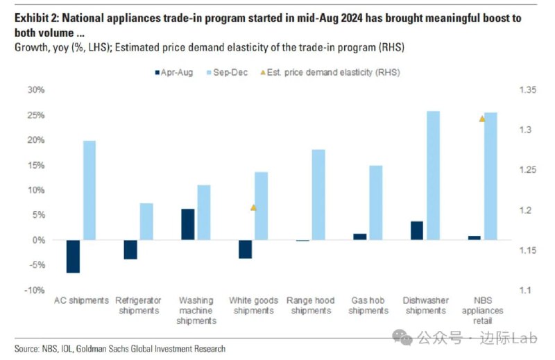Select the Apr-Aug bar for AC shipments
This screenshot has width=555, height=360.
click(x=73, y=257)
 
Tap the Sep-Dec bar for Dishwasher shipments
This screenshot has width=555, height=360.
click(x=433, y=175)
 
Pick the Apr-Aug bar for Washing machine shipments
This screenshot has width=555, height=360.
click(x=188, y=224)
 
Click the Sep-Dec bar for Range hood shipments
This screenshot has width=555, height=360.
click(x=318, y=195)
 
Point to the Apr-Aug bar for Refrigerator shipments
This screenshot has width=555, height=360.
click(x=130, y=250)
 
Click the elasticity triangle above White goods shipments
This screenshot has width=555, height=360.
click(x=253, y=207)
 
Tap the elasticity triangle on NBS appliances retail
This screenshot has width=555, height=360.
click(x=482, y=119)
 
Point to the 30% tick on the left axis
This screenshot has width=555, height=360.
click(x=35, y=90)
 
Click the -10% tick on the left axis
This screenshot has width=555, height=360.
click(x=34, y=290)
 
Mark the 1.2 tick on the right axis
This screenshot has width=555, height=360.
click(x=520, y=210)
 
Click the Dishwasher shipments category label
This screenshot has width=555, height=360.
click(x=425, y=305)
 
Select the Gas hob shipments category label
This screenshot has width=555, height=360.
click(x=368, y=305)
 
